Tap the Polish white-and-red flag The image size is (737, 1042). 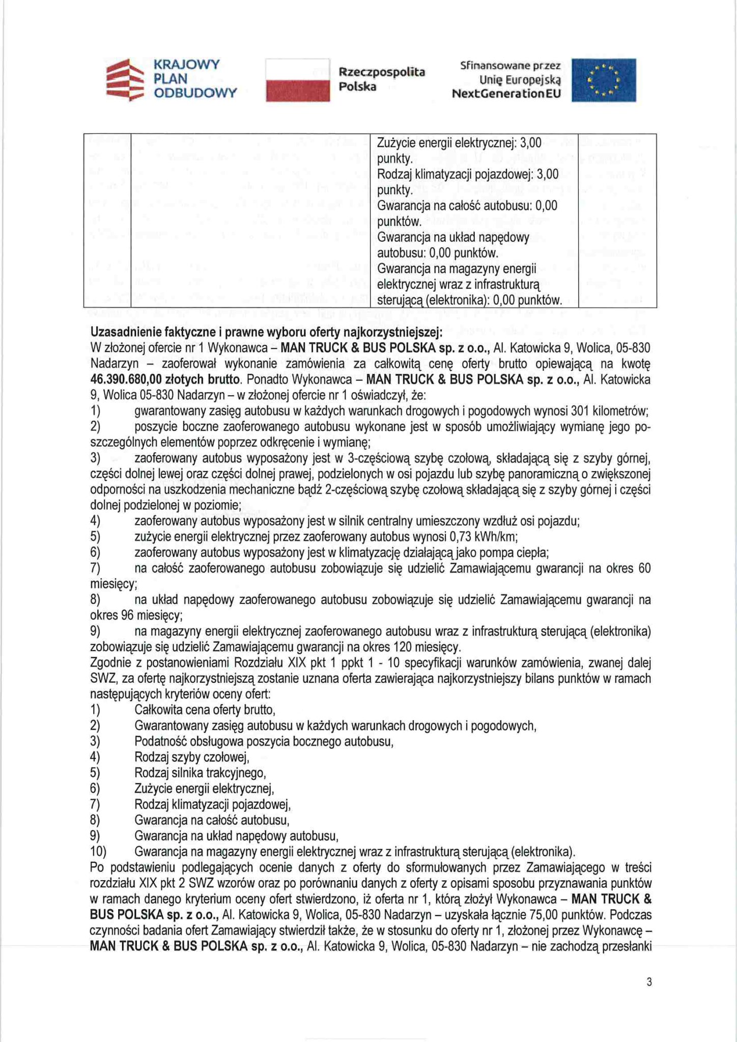[298, 80]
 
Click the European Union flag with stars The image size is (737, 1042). [603, 80]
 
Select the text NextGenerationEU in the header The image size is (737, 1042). [506, 94]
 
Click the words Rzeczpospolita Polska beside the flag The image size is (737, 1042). [381, 79]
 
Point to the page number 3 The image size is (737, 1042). [649, 982]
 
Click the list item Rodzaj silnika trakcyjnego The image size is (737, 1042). [200, 773]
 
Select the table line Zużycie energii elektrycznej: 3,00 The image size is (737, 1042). [459, 143]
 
